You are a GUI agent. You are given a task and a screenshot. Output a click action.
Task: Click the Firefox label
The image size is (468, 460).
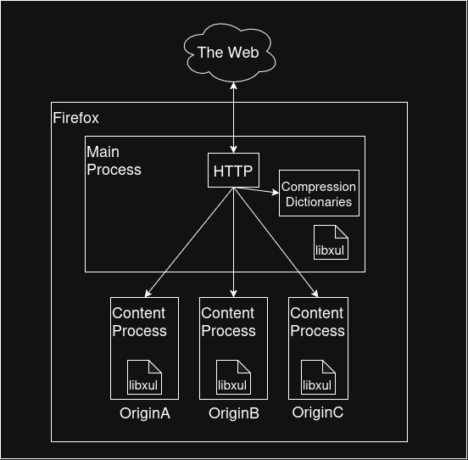[x=75, y=118]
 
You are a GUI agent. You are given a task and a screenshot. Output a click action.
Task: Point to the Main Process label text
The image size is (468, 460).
[x=114, y=160]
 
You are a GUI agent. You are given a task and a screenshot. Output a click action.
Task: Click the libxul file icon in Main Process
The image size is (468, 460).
[x=331, y=242]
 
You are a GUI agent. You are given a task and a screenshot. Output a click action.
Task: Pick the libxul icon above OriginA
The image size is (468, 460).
[x=144, y=378]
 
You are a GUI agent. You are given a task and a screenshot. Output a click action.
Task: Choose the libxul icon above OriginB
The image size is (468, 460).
[x=233, y=378]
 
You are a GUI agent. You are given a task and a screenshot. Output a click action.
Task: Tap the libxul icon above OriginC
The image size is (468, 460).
[x=318, y=378]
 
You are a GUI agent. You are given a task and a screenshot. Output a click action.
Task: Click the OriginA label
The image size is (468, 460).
[x=145, y=413]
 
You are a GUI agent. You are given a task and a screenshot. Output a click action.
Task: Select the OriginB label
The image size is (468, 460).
[x=234, y=413]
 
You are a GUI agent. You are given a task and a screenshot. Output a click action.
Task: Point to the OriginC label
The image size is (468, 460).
[x=318, y=412]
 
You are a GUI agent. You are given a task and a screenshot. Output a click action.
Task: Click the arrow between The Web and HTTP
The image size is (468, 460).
[x=233, y=118]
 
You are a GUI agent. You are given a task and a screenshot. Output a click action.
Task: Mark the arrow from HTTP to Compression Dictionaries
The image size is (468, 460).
[x=256, y=190]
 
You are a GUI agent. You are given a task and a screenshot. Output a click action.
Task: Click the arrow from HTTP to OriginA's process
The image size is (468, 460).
[x=189, y=242]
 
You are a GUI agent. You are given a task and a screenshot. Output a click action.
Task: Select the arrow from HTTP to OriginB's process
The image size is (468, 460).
[x=233, y=242]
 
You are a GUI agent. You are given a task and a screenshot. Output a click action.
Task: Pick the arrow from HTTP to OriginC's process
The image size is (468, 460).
[x=276, y=242]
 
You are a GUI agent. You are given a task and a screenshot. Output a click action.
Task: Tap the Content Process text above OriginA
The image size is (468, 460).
[x=139, y=322]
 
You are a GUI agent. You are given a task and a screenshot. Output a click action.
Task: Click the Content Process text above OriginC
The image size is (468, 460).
[x=317, y=322]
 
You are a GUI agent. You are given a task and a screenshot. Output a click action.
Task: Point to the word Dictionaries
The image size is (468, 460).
[x=319, y=202]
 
